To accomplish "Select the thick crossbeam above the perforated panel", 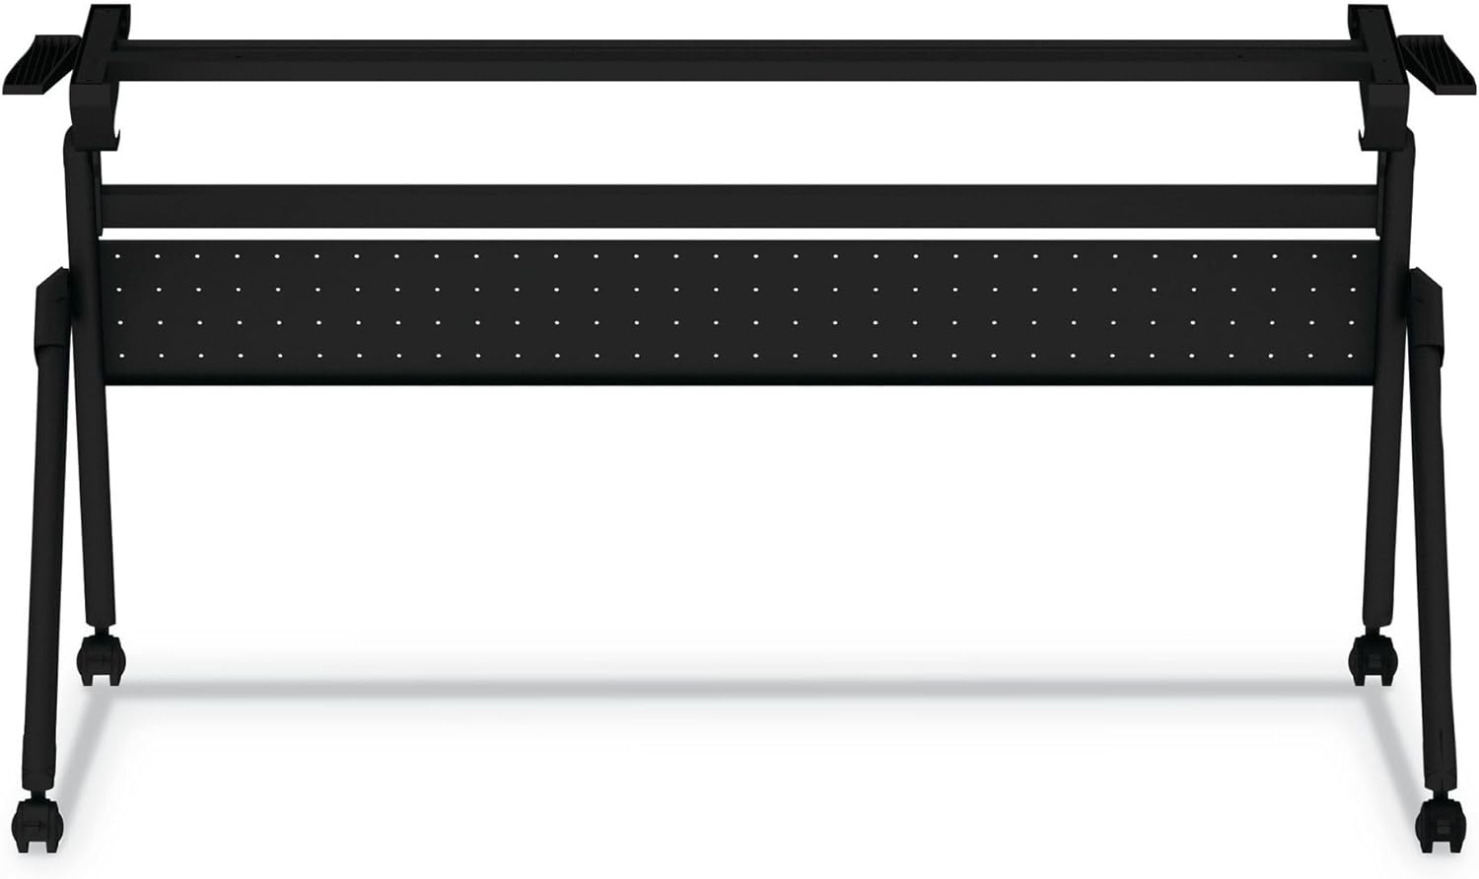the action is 739,206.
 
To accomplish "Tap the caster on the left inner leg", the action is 102,657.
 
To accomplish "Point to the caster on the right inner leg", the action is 1372,657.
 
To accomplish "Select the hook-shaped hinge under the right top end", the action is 1374,123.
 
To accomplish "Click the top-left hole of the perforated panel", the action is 116,254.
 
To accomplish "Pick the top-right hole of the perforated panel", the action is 1353,254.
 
